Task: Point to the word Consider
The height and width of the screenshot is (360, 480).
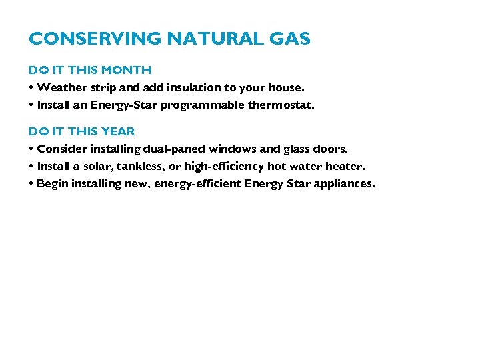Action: (60, 149)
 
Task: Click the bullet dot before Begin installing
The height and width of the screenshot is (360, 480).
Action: (31, 183)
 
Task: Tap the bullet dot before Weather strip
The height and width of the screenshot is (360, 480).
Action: (31, 87)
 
